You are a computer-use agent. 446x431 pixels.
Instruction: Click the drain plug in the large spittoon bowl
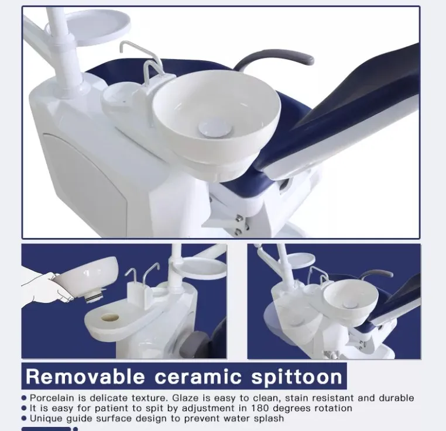tap(211, 129)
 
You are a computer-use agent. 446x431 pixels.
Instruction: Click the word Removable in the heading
tap(85, 377)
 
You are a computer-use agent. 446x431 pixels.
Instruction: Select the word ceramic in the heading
tap(198, 377)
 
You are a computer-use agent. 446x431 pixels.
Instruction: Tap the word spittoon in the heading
tap(297, 377)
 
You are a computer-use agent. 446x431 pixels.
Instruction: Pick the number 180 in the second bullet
tap(259, 408)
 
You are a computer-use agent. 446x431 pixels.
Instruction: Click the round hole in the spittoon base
tap(110, 318)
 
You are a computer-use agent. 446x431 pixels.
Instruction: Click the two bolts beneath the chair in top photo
tap(240, 225)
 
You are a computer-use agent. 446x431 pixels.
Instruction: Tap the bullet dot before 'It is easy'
tap(24, 408)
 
